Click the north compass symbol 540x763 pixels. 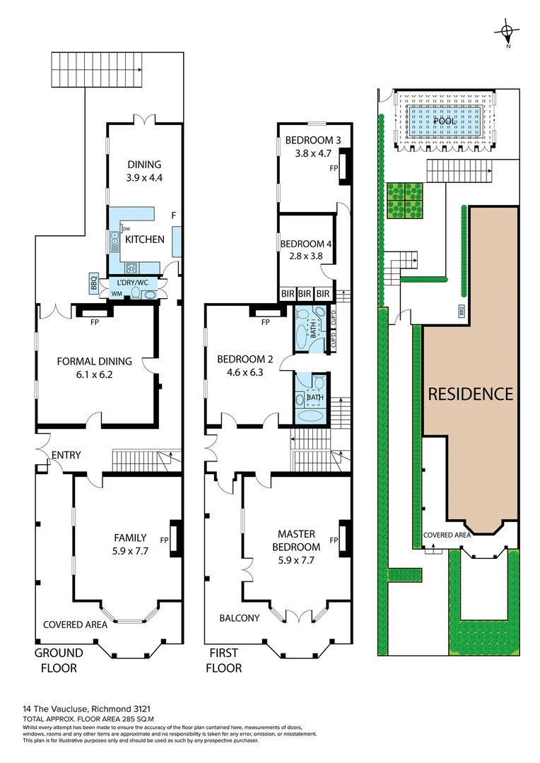pos(507,32)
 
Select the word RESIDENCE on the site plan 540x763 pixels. pos(470,394)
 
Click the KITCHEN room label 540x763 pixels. pos(145,239)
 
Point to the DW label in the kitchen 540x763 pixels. pos(127,229)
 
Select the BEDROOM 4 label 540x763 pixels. pos(306,244)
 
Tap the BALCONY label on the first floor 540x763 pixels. pos(238,617)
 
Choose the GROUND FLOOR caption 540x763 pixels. pos(59,660)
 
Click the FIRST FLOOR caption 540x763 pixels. pos(225,660)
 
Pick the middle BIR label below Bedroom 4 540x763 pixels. pos(305,293)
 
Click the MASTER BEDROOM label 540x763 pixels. pos(297,540)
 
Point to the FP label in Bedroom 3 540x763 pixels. pos(334,168)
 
